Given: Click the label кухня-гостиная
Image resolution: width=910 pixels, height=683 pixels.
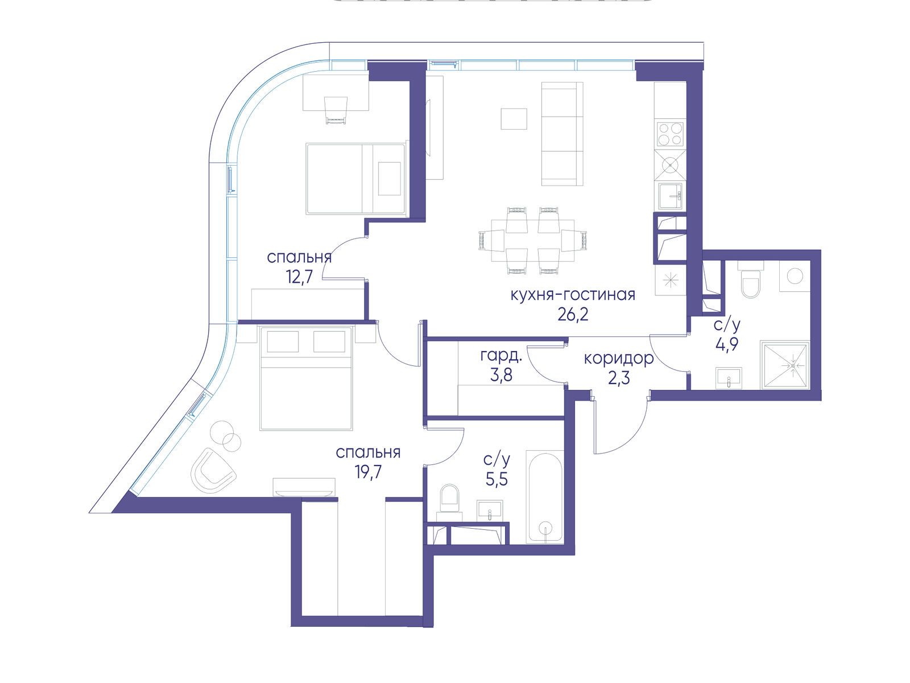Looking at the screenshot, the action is (573, 295).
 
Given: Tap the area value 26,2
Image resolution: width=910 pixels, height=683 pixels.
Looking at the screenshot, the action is (573, 315).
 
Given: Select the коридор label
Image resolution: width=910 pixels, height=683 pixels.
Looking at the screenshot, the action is (619, 359).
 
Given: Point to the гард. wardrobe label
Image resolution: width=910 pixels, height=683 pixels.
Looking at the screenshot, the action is (501, 355).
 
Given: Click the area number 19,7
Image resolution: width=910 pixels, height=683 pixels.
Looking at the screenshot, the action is (368, 473).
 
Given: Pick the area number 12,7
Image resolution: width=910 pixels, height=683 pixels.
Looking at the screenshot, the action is (299, 277).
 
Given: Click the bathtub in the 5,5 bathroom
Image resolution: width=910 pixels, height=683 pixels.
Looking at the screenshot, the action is (545, 496).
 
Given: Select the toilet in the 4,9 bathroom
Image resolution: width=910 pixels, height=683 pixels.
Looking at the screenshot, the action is (751, 280).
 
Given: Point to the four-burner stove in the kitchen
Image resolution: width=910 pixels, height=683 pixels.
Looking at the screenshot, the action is (670, 134).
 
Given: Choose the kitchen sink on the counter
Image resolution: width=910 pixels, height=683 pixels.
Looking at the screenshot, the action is (671, 196).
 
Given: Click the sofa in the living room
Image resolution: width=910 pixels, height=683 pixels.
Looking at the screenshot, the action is (562, 134).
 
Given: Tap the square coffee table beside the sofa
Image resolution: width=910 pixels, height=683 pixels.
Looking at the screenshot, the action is (514, 119).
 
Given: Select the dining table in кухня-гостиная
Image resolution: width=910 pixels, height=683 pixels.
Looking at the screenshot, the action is (533, 241).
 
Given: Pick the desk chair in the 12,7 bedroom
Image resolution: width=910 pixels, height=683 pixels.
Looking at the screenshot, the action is (336, 110).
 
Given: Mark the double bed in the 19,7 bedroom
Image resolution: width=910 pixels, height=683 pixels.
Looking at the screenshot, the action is (307, 378).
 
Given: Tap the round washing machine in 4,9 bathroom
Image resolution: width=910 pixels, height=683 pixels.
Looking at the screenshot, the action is (795, 276).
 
